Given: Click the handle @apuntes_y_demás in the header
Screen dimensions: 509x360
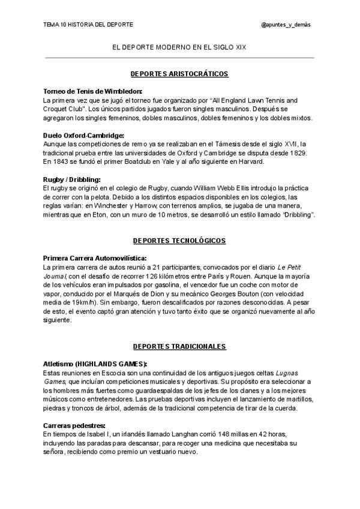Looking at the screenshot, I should coord(286,25).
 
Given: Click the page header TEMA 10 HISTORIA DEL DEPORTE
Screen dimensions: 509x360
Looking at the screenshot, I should coord(88,25).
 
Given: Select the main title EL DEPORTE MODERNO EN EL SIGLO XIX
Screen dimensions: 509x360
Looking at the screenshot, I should coord(180,47).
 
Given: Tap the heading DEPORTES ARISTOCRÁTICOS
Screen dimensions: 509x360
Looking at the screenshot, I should coord(179,73).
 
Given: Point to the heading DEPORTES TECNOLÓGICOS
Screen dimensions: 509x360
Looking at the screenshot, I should coord(179,241).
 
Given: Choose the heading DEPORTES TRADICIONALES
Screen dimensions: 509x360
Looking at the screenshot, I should coord(179,347).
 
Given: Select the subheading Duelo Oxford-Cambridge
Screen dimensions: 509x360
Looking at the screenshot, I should coord(83,136).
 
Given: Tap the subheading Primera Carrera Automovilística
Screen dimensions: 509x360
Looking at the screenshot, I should coord(95,258).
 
